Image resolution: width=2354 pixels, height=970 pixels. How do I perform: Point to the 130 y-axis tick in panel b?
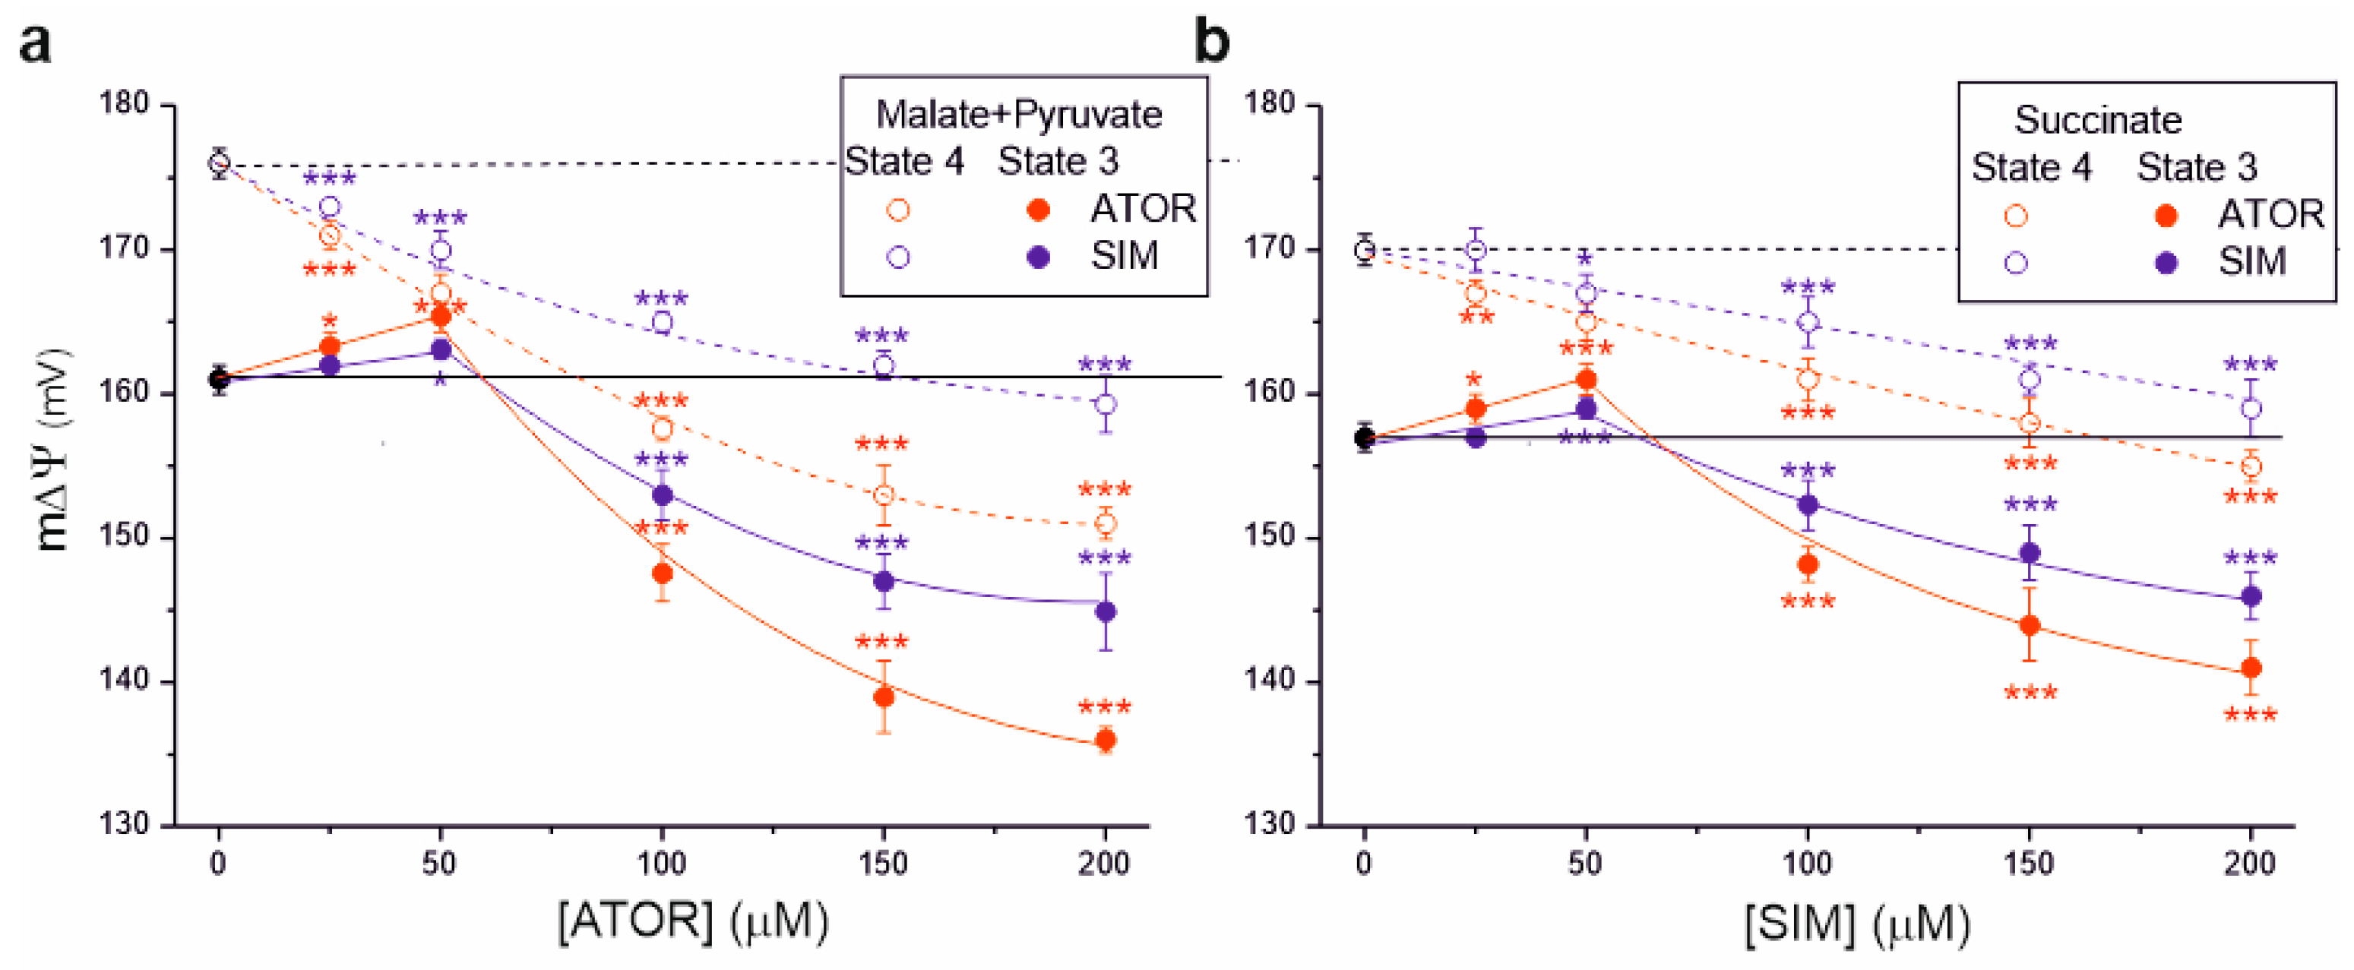click(x=1271, y=824)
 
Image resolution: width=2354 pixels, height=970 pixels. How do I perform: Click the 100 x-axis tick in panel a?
click(x=662, y=863)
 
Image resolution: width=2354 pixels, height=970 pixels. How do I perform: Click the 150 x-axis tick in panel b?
click(x=2029, y=863)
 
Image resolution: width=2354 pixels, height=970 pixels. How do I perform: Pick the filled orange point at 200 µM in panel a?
click(x=1106, y=741)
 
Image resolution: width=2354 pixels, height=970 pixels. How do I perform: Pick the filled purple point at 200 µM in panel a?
click(x=1106, y=611)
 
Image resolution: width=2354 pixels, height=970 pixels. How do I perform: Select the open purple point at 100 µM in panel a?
click(x=663, y=321)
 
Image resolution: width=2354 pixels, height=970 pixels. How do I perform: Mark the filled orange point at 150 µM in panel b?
click(x=2030, y=626)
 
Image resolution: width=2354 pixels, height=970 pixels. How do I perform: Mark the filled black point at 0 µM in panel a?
click(x=218, y=378)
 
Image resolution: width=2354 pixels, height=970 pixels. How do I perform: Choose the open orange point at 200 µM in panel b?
click(x=2251, y=466)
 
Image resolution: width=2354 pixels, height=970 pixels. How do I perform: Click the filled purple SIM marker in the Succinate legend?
click(x=2166, y=263)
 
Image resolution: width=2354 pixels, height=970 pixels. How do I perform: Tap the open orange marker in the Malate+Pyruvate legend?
click(x=898, y=210)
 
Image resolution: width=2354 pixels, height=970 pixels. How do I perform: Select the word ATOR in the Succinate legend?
click(x=2270, y=215)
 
